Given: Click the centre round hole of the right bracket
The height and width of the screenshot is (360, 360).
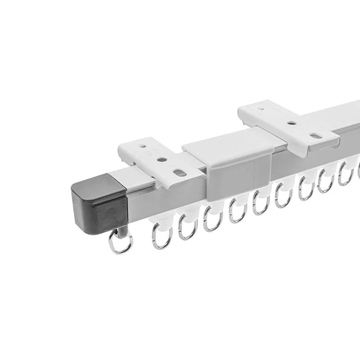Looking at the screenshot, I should tap(293, 122).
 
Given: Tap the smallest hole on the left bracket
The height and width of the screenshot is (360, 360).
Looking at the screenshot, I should tap(143, 146).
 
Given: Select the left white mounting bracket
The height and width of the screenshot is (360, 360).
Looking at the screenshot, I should tap(155, 157).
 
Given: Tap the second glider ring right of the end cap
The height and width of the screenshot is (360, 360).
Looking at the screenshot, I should tap(186, 227).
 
